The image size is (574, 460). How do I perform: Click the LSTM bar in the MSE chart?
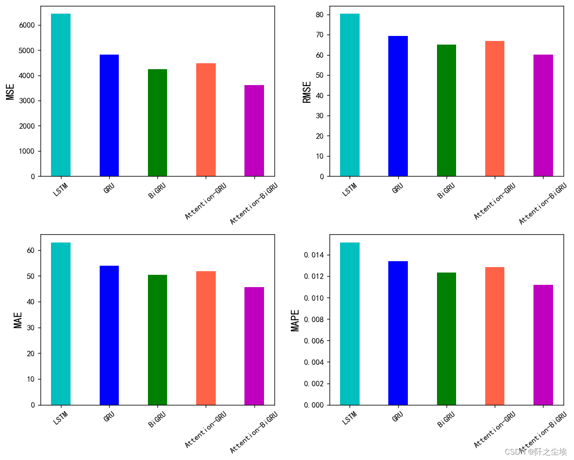(61, 95)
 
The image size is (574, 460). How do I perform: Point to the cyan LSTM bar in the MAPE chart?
(350, 324)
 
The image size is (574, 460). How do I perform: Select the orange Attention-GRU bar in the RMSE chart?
(495, 109)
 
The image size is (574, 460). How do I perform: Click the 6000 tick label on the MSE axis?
(27, 25)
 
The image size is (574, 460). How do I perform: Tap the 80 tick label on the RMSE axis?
(320, 15)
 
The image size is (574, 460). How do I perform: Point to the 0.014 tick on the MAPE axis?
(314, 255)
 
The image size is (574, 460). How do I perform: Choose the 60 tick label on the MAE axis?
(30, 251)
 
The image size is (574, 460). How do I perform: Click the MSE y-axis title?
(10, 91)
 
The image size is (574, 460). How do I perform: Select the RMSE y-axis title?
(307, 92)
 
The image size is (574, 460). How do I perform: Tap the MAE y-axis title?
(18, 320)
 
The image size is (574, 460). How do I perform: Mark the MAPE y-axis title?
(295, 320)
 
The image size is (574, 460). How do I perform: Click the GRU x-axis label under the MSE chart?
(109, 188)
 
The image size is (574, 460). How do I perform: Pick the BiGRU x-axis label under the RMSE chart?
(446, 191)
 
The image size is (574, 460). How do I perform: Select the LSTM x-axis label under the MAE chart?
(60, 418)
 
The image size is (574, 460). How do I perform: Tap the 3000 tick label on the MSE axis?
(27, 101)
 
